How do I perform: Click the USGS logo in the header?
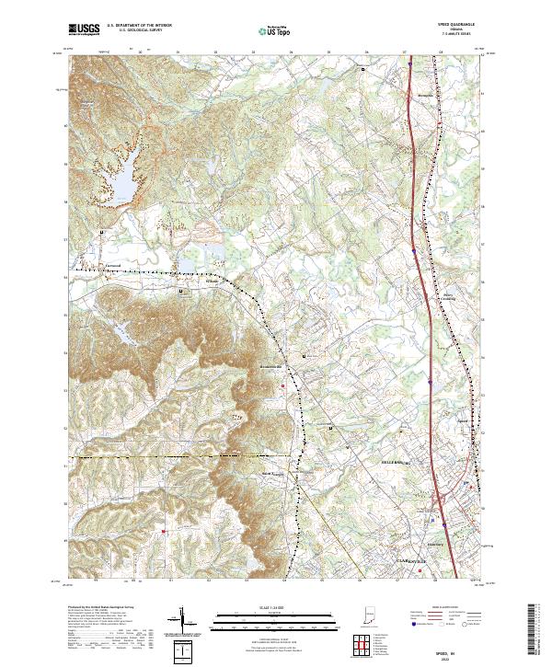pyautogui.click(x=84, y=29)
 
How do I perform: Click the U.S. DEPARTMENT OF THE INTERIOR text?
pyautogui.click(x=138, y=25)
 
